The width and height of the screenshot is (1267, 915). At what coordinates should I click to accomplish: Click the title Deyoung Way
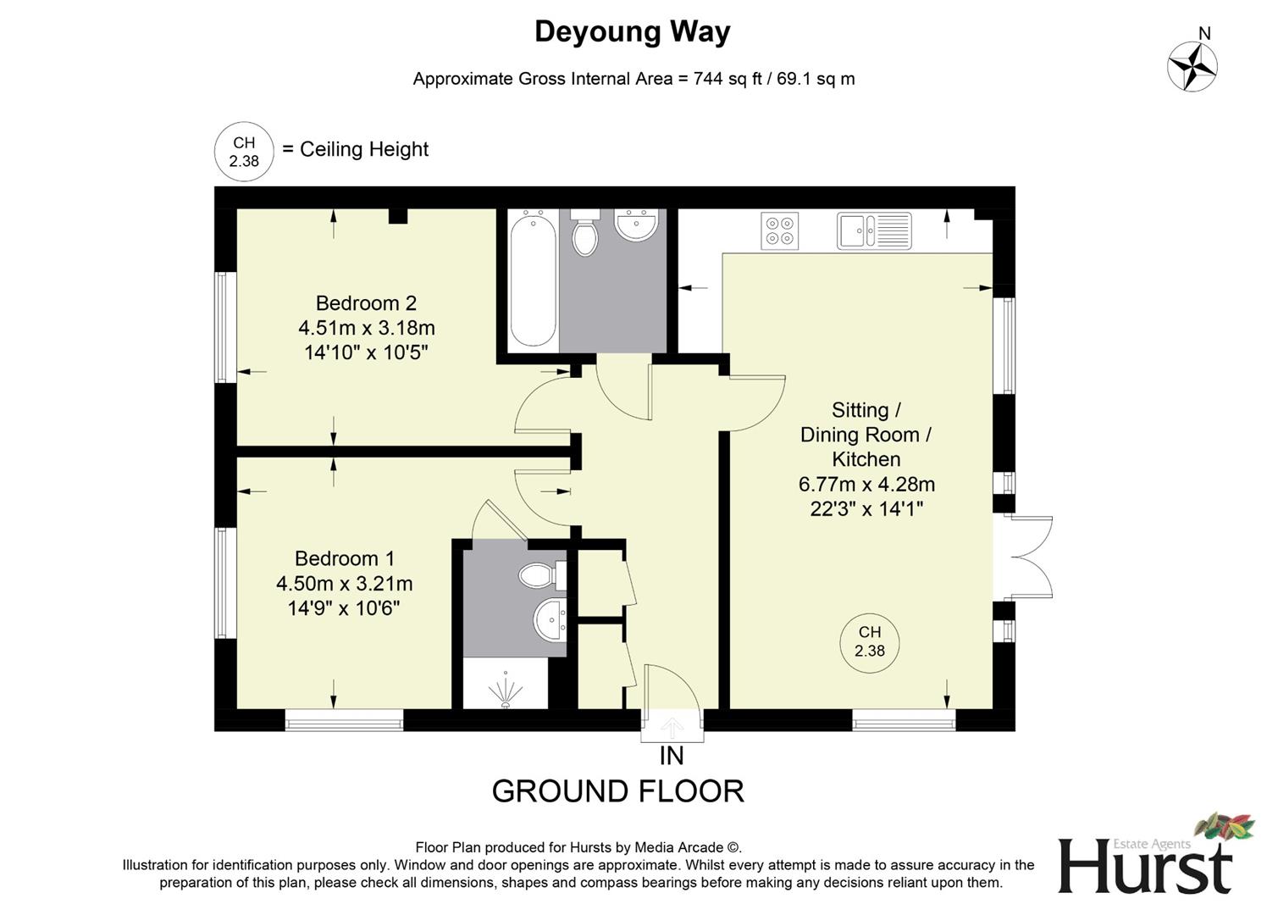[632, 32]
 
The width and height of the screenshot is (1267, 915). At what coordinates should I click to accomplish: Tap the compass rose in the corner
[1192, 66]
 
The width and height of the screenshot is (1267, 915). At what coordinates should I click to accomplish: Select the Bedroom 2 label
[366, 303]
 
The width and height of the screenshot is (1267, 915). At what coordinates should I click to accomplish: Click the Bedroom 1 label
[344, 559]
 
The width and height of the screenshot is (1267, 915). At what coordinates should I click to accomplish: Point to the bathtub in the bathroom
[534, 280]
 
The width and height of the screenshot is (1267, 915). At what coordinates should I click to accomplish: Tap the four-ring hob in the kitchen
[780, 230]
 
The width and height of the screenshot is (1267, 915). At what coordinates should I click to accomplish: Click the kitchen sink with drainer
[874, 230]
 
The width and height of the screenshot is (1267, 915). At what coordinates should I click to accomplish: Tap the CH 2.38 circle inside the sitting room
[870, 642]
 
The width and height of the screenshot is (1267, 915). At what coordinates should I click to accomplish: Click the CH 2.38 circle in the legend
[244, 152]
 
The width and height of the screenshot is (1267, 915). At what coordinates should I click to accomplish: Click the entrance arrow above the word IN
[672, 727]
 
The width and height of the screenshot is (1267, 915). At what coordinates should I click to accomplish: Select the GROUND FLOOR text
[617, 791]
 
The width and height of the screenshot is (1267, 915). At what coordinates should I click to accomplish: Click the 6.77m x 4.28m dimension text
[866, 485]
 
